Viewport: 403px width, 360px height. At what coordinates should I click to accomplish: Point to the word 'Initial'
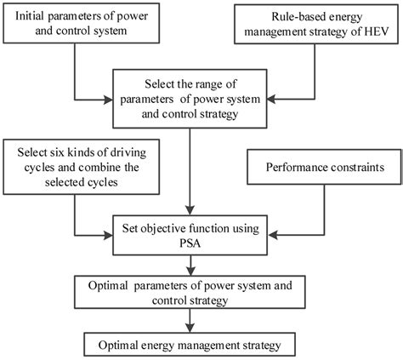click(x=42, y=17)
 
